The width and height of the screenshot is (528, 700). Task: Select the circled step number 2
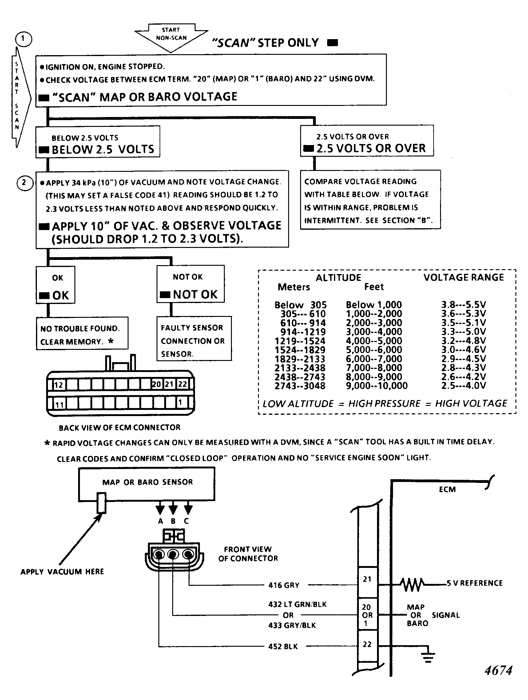(x=25, y=183)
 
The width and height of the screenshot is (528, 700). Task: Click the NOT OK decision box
(x=191, y=284)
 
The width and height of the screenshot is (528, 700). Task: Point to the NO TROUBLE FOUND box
(x=82, y=333)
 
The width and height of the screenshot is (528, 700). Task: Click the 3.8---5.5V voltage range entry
(x=463, y=305)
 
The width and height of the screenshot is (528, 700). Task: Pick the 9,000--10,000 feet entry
(x=377, y=386)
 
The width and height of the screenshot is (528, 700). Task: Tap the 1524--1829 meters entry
(x=300, y=350)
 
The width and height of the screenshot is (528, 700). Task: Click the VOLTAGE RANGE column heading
(x=463, y=277)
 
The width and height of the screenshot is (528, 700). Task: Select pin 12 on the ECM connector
(x=58, y=385)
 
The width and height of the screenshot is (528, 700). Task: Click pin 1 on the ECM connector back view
(x=180, y=403)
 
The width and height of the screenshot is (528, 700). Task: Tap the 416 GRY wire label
(x=284, y=585)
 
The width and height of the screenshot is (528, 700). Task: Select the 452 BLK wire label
(x=283, y=646)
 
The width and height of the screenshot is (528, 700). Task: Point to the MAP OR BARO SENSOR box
(x=147, y=484)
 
